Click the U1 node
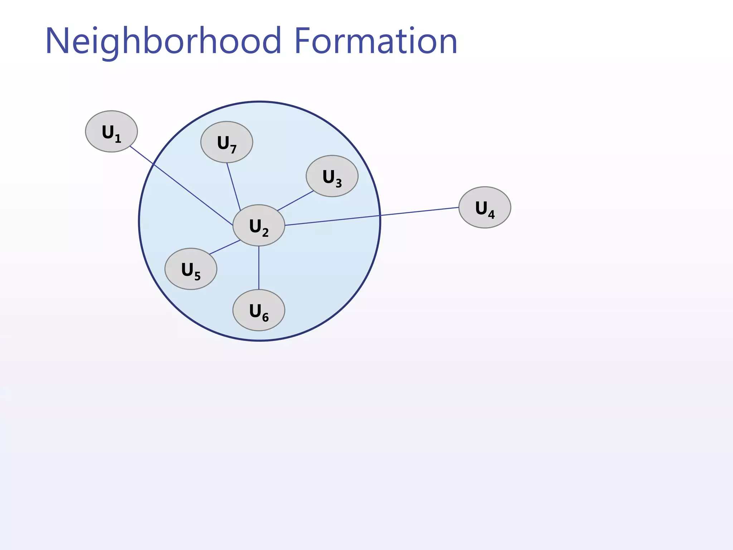coord(111,131)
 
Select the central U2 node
coord(259,225)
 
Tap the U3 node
coord(332,176)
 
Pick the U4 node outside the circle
coord(485,207)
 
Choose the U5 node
coord(191,269)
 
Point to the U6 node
coord(259,310)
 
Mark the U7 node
coord(227,142)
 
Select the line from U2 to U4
coord(372,216)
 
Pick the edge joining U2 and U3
coord(296,201)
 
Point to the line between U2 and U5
coord(225,247)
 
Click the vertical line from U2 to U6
coord(259,268)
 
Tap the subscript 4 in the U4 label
coord(491,214)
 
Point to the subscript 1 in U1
coord(118,139)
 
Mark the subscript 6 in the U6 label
coord(265,317)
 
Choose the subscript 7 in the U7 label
coord(233,149)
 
